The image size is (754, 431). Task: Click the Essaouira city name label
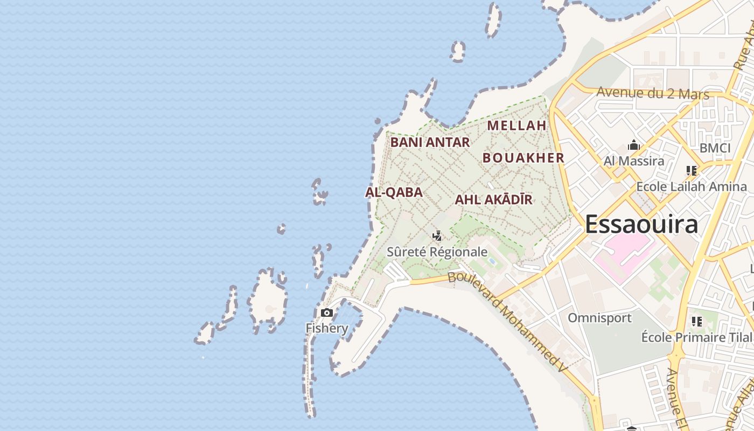641,224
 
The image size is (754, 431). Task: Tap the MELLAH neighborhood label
516,126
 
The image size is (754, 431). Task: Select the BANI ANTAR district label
430,142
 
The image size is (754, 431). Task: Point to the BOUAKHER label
523,158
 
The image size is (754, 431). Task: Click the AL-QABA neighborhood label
394,192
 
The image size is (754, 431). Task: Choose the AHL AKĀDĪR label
493,200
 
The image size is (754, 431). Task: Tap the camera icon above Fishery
326,313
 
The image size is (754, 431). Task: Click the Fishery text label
327,328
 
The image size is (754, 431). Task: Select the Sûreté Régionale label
437,252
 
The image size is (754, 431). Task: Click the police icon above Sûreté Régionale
437,236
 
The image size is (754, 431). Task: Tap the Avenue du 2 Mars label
653,93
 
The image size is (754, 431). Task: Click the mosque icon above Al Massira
633,145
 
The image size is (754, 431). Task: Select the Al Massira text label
633,161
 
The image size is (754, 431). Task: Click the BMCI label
715,148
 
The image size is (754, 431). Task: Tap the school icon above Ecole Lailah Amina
692,171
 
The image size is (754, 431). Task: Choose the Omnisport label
599,318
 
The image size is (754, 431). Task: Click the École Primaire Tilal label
696,337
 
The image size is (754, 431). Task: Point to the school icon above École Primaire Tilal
697,322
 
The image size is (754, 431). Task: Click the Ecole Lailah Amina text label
692,187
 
